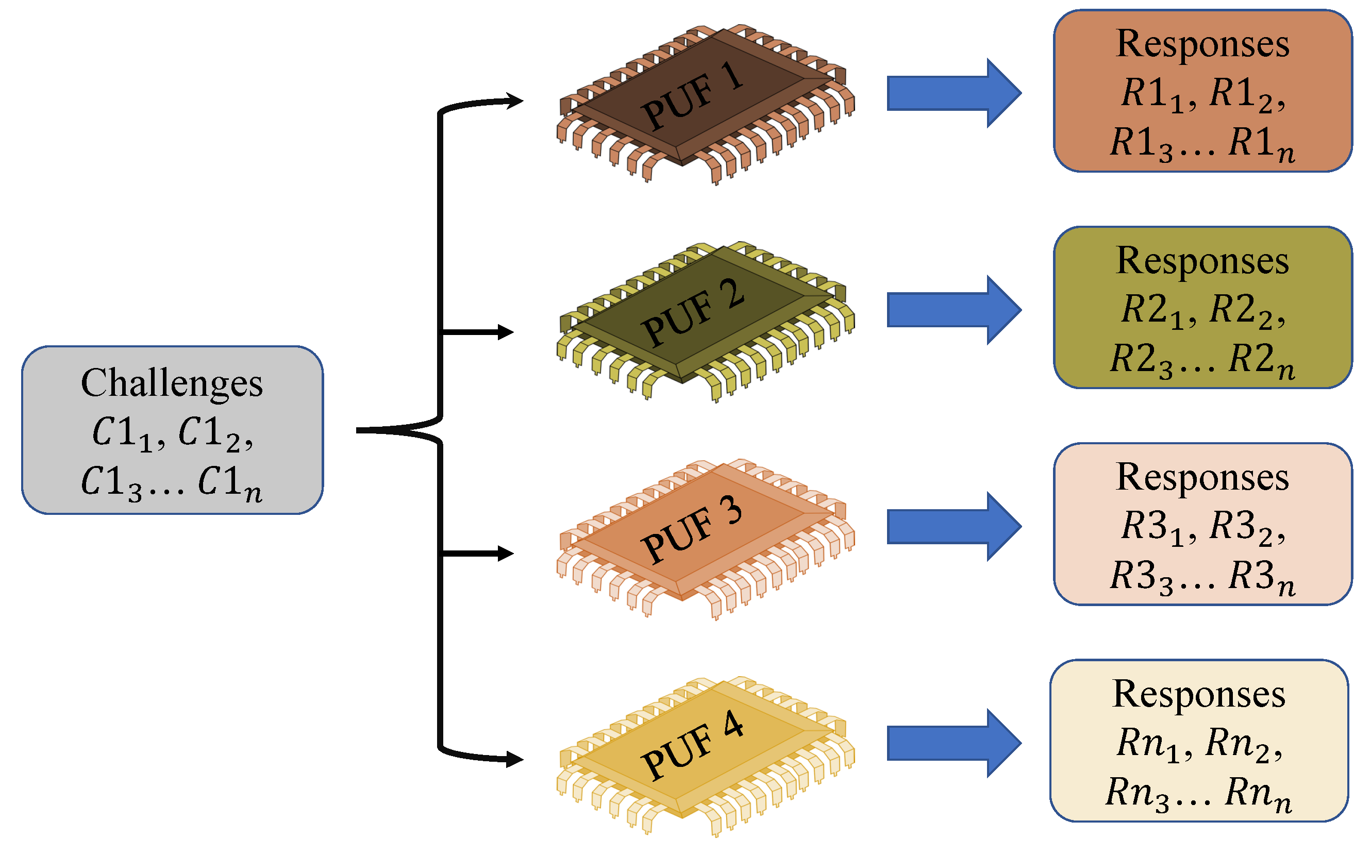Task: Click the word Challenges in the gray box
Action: [172, 383]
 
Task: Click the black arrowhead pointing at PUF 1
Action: [514, 101]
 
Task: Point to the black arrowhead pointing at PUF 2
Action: [506, 332]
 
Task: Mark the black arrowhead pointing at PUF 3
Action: [506, 554]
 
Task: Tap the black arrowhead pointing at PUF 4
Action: [514, 759]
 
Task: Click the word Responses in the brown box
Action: [1203, 44]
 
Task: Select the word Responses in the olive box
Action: [1203, 261]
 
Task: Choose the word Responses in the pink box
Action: [1203, 478]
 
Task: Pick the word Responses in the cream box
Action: [1199, 694]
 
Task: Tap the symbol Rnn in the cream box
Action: [1258, 794]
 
